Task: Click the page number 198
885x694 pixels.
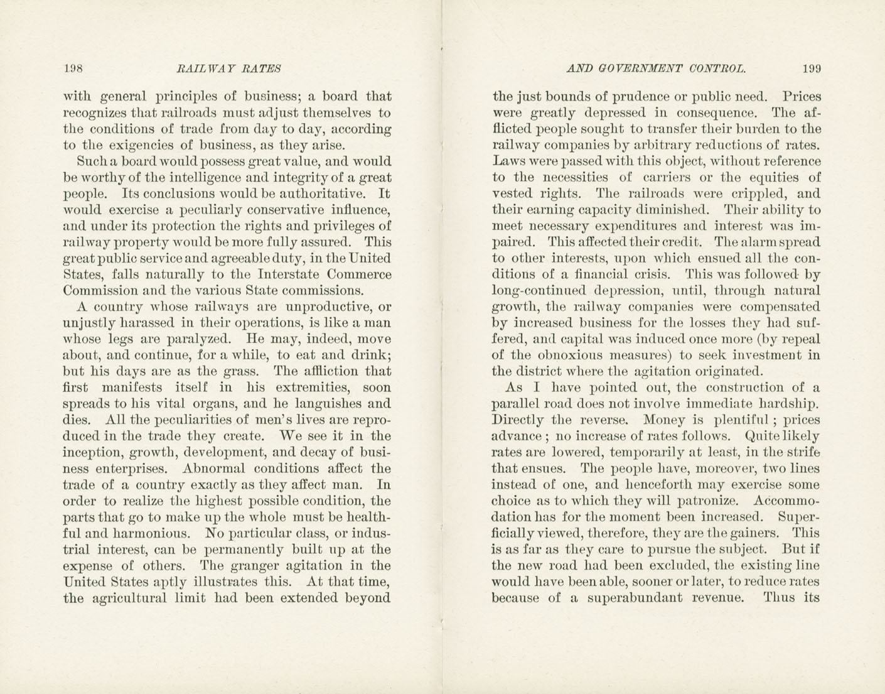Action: coord(73,68)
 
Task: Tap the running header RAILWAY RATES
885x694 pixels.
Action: coord(229,68)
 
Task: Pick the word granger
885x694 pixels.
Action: coord(257,565)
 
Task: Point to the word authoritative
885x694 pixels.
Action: coord(313,193)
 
